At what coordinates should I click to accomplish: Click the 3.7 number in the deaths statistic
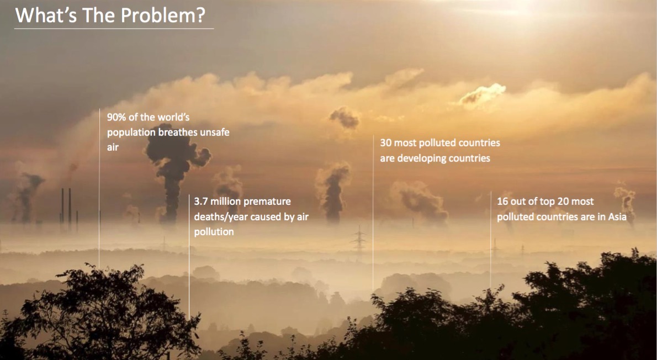tap(200, 202)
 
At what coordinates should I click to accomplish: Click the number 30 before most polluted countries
tap(386, 143)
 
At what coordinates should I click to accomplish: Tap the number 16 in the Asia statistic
tap(503, 202)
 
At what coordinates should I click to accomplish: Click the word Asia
tap(617, 217)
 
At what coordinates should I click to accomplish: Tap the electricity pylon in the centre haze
tap(359, 240)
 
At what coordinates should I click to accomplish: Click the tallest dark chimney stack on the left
tap(70, 207)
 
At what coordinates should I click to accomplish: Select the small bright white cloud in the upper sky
tap(484, 94)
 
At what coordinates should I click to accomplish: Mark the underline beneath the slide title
tap(114, 28)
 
